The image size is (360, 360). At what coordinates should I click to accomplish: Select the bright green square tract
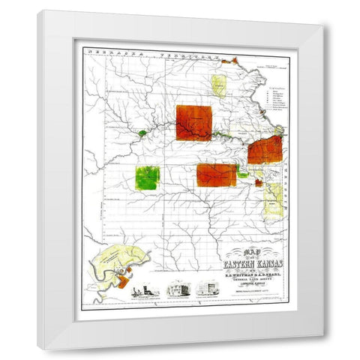click(147, 178)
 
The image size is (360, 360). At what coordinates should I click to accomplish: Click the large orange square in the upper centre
click(193, 123)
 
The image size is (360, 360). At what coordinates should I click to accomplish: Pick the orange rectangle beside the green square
click(216, 175)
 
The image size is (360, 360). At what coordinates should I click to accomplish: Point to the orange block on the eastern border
click(265, 151)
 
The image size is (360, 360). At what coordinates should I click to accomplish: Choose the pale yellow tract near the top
click(219, 85)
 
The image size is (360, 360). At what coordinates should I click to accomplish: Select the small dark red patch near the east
click(259, 182)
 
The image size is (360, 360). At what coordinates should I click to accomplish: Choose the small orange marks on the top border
click(232, 58)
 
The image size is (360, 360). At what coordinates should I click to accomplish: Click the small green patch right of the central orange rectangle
click(243, 174)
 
